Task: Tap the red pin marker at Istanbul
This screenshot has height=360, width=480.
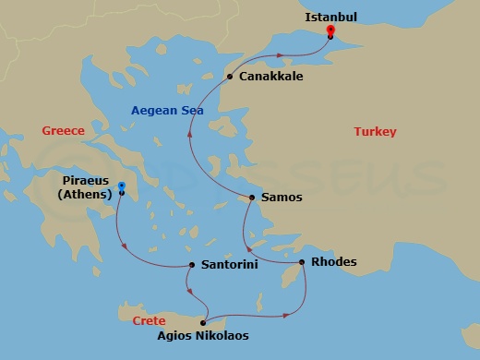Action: click(x=330, y=33)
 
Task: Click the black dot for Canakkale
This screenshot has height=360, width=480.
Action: click(x=230, y=77)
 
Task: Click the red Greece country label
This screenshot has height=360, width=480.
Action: click(x=63, y=131)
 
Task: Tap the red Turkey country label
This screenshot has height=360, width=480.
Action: click(x=375, y=132)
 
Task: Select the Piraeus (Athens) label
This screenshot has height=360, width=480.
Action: click(x=84, y=187)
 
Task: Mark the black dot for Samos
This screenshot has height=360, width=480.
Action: click(x=252, y=197)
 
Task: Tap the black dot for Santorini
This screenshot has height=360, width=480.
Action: click(x=191, y=265)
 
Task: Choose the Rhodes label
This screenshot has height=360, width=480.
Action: click(x=334, y=262)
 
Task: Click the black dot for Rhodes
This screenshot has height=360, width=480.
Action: click(x=301, y=262)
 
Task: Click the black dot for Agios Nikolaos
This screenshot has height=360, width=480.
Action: click(x=202, y=322)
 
